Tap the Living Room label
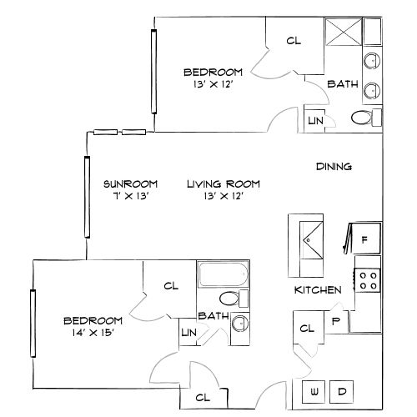pos(224,184)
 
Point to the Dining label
pos(334,167)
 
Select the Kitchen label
pos(318,290)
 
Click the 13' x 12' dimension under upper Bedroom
pos(214,84)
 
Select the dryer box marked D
pos(342,391)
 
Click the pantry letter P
pos(335,319)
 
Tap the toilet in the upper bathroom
pos(362,118)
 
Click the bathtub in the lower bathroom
pos(224,275)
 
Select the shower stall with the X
pos(341,33)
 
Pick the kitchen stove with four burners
pos(367,279)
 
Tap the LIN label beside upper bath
pos(315,121)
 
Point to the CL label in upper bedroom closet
pos(293,40)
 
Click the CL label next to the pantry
pos(306,329)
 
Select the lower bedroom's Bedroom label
pos(93,320)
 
